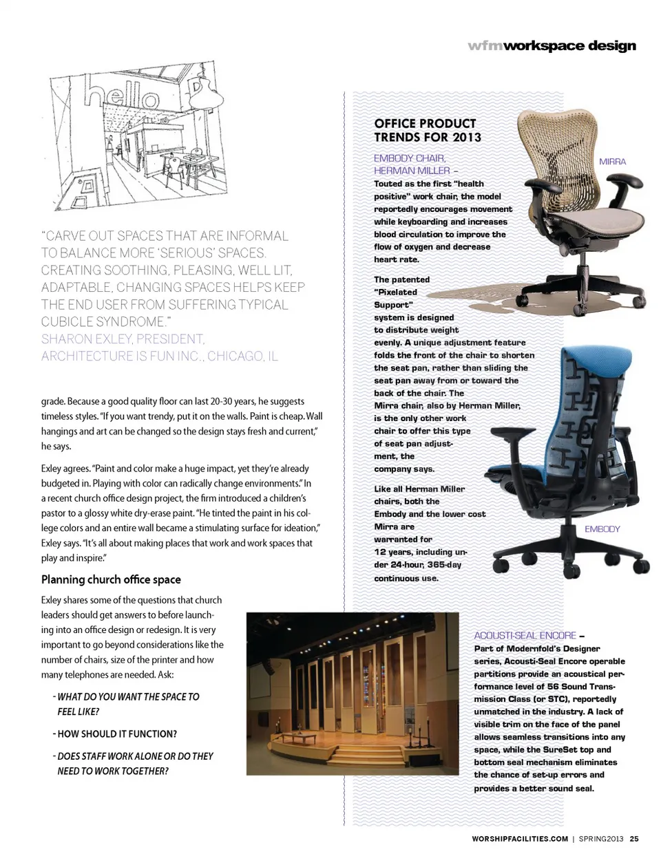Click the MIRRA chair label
pyautogui.click(x=612, y=162)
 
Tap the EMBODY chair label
pyautogui.click(x=602, y=529)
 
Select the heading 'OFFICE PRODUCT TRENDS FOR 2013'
pyautogui.click(x=427, y=130)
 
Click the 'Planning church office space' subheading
pyautogui.click(x=111, y=579)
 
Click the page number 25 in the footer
pyautogui.click(x=634, y=839)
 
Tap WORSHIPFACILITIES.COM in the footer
pyautogui.click(x=520, y=839)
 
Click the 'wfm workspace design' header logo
pyautogui.click(x=552, y=46)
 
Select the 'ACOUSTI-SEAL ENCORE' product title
pyautogui.click(x=525, y=636)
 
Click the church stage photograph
pyautogui.click(x=352, y=694)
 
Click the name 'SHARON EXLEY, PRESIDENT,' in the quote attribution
pyautogui.click(x=123, y=339)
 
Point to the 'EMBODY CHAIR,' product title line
pyautogui.click(x=410, y=158)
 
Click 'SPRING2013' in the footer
pyautogui.click(x=600, y=839)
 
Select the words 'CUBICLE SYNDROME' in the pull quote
pyautogui.click(x=103, y=322)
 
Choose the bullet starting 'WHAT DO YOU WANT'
pyautogui.click(x=128, y=697)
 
